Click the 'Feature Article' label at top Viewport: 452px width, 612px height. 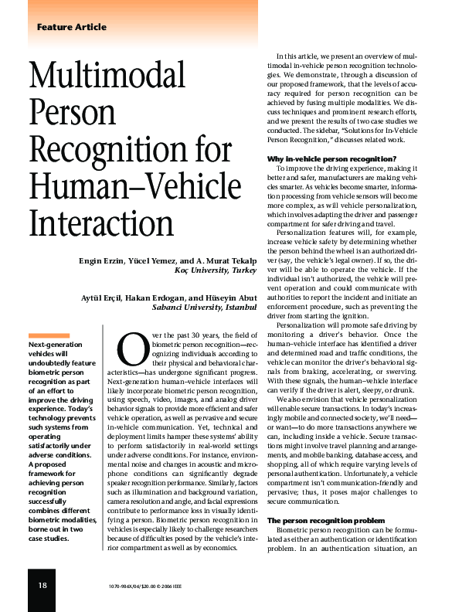point(71,27)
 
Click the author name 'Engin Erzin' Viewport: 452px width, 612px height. point(103,260)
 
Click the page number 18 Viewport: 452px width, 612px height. point(42,585)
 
